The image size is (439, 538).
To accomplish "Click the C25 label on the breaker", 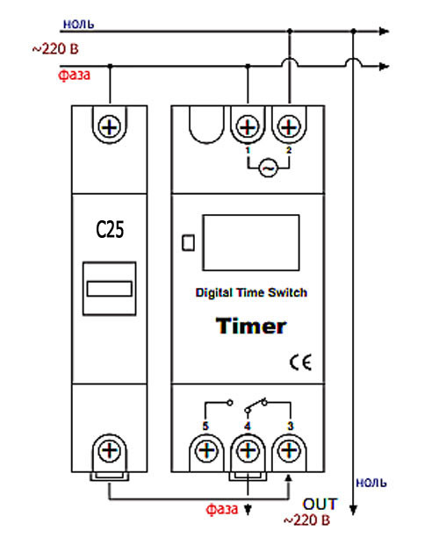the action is [x=110, y=229].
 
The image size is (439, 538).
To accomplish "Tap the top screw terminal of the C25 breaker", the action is [x=110, y=127].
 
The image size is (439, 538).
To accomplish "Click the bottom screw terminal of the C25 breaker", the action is [x=110, y=450].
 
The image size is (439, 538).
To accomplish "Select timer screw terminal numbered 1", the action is [x=248, y=127].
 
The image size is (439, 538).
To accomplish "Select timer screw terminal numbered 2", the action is [x=289, y=127].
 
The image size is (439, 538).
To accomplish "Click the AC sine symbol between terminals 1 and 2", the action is [x=268, y=168].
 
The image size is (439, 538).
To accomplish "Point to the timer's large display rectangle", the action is [x=251, y=242].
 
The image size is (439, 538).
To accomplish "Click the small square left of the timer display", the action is [x=188, y=242].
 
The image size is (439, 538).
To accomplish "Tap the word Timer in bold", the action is [x=251, y=326].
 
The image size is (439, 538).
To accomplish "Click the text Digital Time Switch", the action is [x=251, y=292].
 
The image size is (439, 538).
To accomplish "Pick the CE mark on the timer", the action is [x=300, y=362].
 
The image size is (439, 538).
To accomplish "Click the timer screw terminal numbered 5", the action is [x=206, y=450].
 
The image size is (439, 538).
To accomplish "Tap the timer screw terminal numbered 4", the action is [x=248, y=450].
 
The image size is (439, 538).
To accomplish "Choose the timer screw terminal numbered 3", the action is [x=289, y=450].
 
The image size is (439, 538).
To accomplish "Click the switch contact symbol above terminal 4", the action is [x=255, y=405].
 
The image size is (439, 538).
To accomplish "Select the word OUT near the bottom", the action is [x=320, y=505].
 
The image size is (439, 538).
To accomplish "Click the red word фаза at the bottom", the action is [x=222, y=509].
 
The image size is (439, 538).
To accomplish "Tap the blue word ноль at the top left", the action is [x=79, y=24].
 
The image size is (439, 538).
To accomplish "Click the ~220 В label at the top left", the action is [x=55, y=49].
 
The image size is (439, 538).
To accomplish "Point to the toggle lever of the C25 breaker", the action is [x=110, y=289].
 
